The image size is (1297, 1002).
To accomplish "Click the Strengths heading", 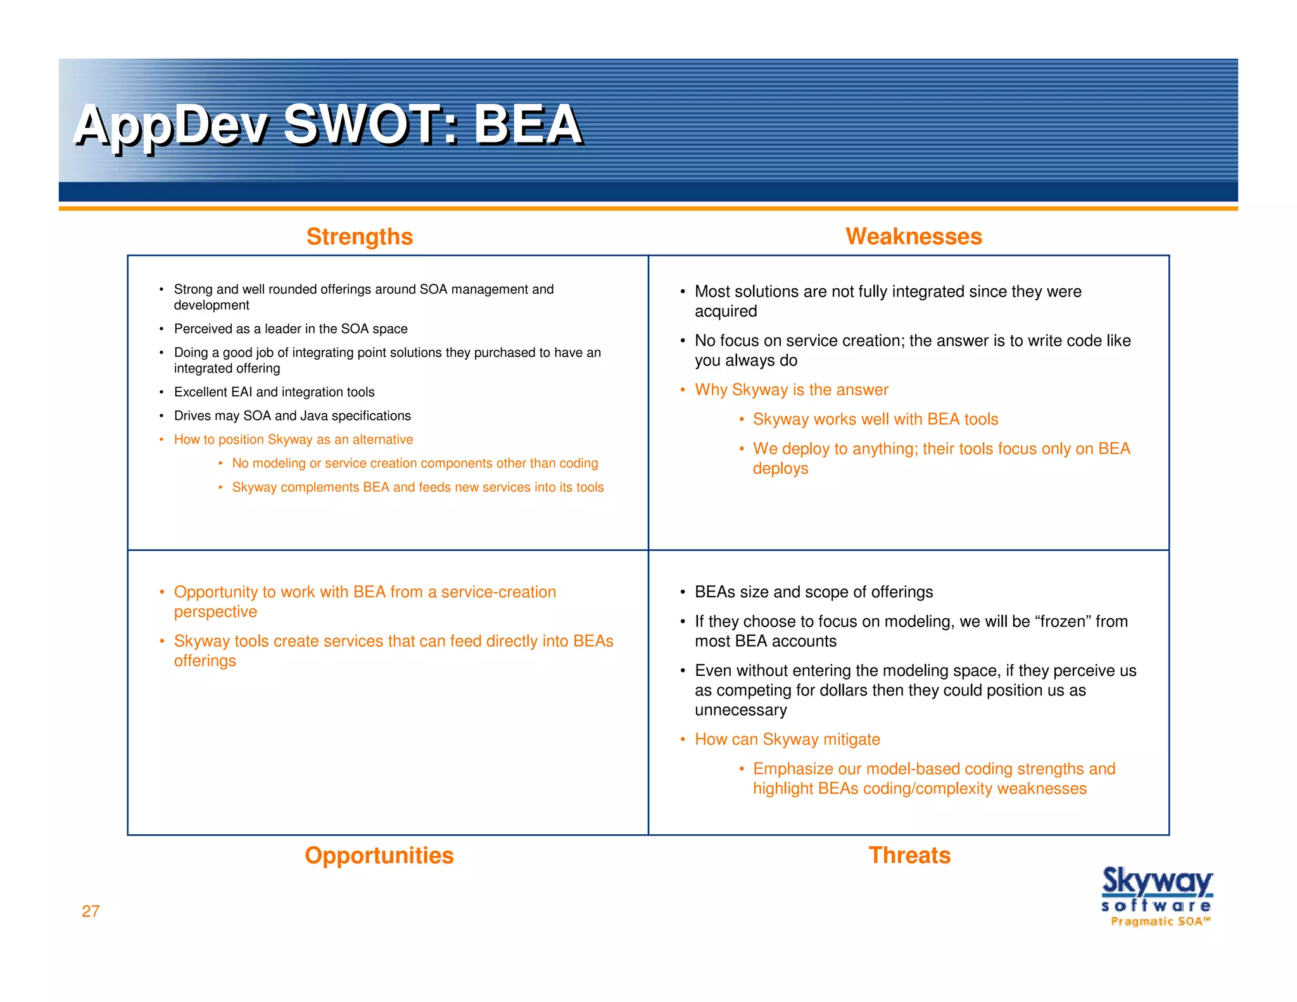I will click(359, 236).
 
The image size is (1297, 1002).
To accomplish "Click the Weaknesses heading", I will click(913, 236).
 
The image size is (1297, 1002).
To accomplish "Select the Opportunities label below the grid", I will click(379, 855).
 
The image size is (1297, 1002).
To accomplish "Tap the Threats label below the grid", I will click(909, 855).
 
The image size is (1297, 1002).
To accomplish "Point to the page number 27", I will click(91, 911).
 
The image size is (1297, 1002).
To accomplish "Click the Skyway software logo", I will click(1156, 888).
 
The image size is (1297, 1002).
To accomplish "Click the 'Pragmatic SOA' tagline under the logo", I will click(1160, 921).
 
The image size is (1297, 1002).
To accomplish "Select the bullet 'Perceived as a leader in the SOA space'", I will click(291, 329).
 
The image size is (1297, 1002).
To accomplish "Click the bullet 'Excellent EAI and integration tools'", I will click(274, 392).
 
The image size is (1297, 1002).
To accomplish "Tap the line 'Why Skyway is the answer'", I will click(791, 390).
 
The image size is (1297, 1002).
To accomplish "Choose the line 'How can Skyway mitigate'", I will click(787, 739).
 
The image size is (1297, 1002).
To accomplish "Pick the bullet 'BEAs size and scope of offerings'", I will click(813, 592).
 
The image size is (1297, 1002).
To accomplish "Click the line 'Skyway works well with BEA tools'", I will click(875, 419).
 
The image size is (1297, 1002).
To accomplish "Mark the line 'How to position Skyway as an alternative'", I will click(293, 440).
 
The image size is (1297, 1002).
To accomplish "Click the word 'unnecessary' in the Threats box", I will click(740, 710).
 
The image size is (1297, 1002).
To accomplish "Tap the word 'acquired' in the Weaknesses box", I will click(725, 311).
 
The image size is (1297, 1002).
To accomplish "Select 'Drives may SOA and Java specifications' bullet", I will click(292, 415).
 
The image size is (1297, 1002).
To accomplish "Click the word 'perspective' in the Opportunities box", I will click(215, 612).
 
